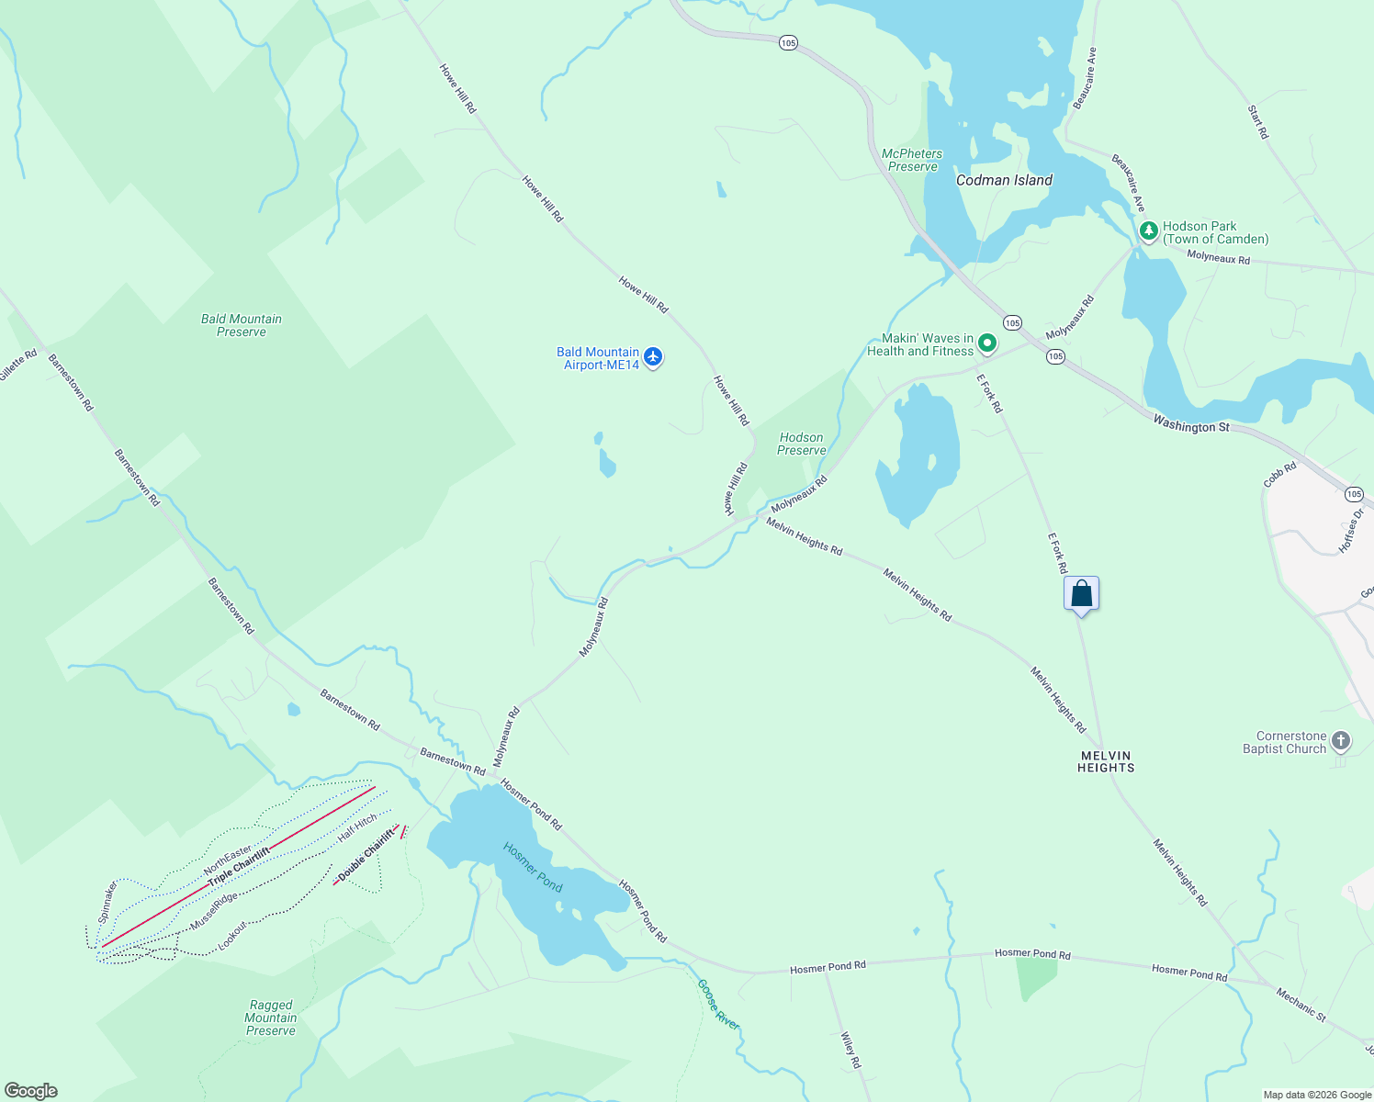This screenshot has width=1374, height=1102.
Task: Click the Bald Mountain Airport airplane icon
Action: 653,357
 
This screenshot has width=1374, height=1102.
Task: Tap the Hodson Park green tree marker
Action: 1148,231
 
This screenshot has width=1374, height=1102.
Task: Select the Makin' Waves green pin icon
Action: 987,343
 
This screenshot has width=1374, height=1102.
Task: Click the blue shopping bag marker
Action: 1082,593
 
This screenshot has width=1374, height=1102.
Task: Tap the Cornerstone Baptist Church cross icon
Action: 1341,741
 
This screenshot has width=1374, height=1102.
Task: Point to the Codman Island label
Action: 1004,181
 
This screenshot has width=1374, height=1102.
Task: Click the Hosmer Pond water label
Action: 533,867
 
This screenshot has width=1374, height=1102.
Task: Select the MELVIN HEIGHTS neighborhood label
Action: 1106,761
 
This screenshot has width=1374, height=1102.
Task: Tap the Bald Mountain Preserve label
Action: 242,325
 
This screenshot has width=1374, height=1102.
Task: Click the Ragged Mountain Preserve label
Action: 271,1018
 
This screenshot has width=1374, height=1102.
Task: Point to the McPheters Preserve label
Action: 912,160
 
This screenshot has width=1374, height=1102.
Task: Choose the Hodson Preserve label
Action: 801,444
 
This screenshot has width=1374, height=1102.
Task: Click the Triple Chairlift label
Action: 239,867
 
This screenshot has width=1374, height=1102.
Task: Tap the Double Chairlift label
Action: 366,855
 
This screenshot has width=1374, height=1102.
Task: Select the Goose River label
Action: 718,1004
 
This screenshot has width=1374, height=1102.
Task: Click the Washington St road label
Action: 1190,425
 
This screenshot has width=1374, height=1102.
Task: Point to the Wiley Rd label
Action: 851,1050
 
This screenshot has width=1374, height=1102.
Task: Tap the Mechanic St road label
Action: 1301,1005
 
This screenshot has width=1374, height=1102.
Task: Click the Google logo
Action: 31,1090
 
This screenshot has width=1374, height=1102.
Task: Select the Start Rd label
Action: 1258,122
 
